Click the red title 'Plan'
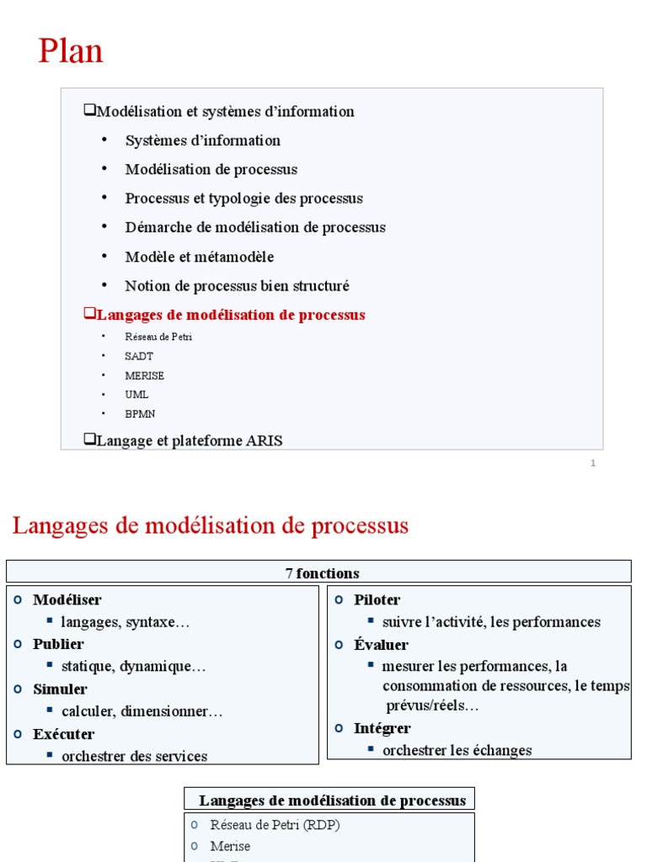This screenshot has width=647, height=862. coord(71,51)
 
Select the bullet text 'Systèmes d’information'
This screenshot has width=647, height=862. coord(202,141)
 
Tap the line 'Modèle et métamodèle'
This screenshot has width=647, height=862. coord(199,257)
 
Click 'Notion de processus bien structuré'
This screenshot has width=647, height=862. coord(237,286)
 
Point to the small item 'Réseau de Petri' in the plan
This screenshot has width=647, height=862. coord(158,337)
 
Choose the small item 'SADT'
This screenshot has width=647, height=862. coord(139,356)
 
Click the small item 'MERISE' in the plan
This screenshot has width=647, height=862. coord(144,375)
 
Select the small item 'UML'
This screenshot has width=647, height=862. coord(136,395)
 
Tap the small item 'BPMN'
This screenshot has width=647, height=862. coord(140,414)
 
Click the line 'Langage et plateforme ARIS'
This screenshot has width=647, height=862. coord(190,440)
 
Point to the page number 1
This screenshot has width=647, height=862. coord(593,463)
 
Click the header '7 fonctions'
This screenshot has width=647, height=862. coord(322,573)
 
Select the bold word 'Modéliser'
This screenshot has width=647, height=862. coord(67,600)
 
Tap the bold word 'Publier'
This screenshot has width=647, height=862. coord(58,644)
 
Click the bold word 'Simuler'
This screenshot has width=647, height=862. coord(60,689)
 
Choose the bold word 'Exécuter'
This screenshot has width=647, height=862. coord(64,734)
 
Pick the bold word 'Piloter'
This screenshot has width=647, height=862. coord(377,600)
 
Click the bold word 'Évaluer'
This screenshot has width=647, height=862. coord(381,645)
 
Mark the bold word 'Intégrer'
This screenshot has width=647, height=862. coord(382,728)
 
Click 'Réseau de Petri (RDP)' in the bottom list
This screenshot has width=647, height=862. coord(275,825)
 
